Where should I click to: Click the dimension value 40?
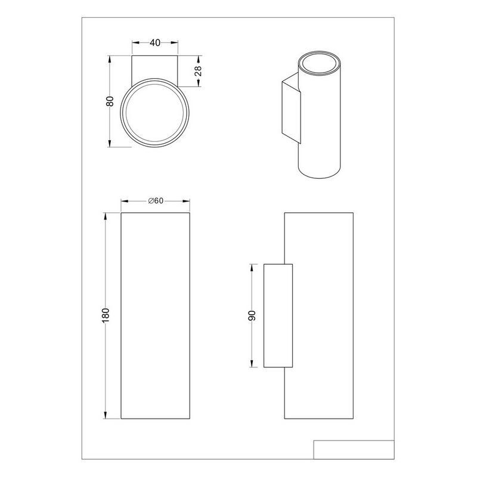coord(155,43)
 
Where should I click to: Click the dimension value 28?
coord(198,71)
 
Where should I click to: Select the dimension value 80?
coord(110,101)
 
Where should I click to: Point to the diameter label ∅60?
coord(156,201)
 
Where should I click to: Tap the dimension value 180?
coord(106,315)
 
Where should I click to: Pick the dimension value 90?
coord(252,316)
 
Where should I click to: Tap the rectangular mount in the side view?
coord(278,315)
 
